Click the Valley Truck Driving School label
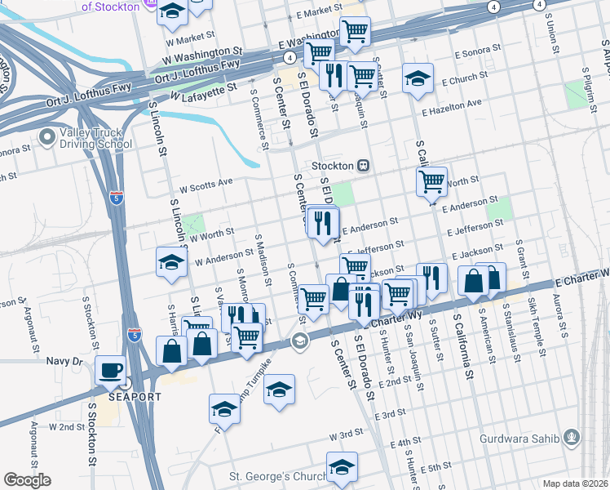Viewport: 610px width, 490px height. (95, 139)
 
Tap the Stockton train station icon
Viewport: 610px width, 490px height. (365, 165)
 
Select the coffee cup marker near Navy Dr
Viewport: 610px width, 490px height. (110, 370)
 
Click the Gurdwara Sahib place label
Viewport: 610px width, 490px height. (527, 439)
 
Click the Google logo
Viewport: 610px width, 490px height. (27, 480)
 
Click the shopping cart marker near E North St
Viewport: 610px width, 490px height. (431, 181)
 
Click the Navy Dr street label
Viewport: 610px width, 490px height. (65, 360)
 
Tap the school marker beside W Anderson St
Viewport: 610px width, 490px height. (171, 261)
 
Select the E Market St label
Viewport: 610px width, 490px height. (319, 13)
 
